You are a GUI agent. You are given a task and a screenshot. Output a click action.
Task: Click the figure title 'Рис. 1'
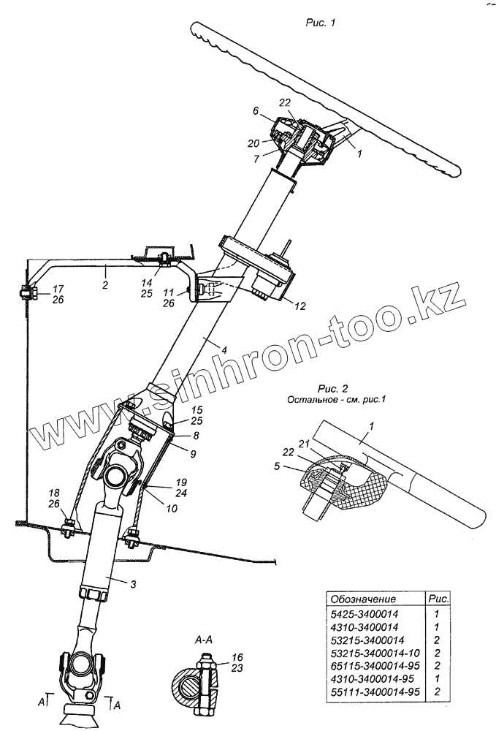319,23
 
